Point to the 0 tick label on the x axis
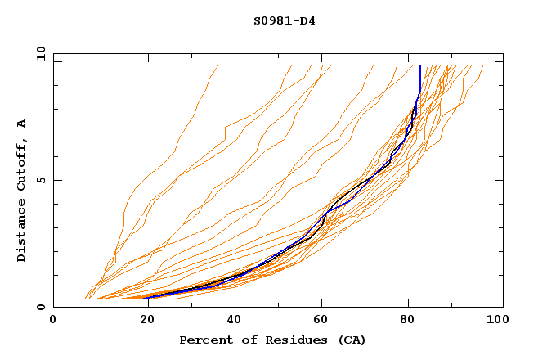pyautogui.click(x=53, y=320)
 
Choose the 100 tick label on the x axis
pyautogui.click(x=496, y=320)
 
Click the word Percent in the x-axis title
pyautogui.click(x=205, y=340)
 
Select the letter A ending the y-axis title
pyautogui.click(x=22, y=124)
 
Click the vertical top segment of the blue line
pyautogui.click(x=420, y=78)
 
